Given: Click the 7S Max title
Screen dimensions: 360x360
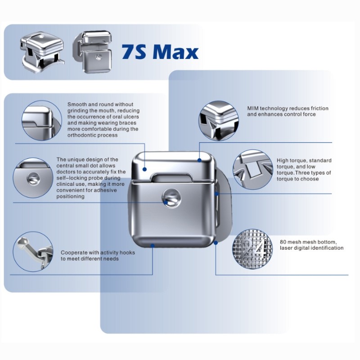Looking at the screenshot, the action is pyautogui.click(x=160, y=52).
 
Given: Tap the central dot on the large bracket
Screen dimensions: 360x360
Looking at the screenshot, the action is pyautogui.click(x=171, y=198).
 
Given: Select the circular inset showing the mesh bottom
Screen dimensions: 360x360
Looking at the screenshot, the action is pyautogui.click(x=252, y=249).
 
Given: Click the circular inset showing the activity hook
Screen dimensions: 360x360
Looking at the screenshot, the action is pyautogui.click(x=33, y=252).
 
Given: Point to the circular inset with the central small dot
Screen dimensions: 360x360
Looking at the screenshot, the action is pyautogui.click(x=33, y=178).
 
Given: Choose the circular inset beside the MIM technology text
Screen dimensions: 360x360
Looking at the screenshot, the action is pyautogui.click(x=219, y=121).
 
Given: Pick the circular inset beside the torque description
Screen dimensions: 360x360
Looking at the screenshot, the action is pyautogui.click(x=253, y=170).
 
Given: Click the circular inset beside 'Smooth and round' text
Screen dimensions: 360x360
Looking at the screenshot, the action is pyautogui.click(x=42, y=121).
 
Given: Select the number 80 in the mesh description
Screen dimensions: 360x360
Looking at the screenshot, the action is pyautogui.click(x=283, y=242).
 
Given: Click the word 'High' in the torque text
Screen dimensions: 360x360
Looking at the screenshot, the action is pyautogui.click(x=282, y=161).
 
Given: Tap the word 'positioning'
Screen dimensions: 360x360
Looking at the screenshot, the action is pyautogui.click(x=71, y=197).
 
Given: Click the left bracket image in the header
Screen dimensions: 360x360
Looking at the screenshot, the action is pyautogui.click(x=42, y=52).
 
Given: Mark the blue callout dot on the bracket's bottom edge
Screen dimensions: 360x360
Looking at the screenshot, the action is pyautogui.click(x=153, y=246).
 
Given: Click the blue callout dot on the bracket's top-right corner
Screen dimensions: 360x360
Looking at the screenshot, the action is pyautogui.click(x=199, y=160).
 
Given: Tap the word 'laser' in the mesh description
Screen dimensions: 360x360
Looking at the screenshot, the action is pyautogui.click(x=286, y=248).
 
